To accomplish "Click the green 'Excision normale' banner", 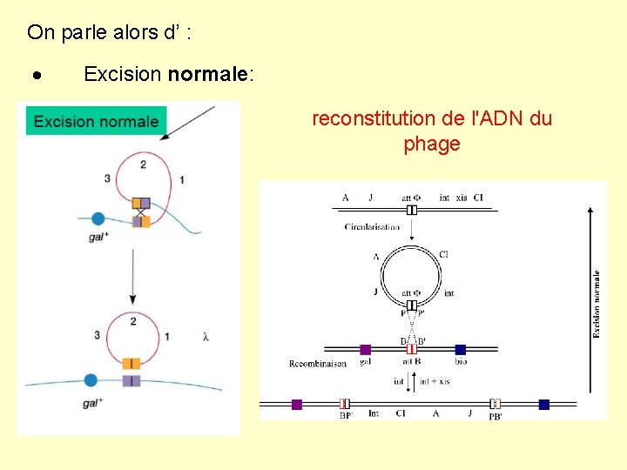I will point(96,121).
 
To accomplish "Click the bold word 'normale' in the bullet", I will point(208,74).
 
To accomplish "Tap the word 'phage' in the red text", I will point(432,144).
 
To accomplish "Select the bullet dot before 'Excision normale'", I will point(37,75).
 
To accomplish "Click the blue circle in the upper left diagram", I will point(98,219).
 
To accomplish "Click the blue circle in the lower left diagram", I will point(91,379).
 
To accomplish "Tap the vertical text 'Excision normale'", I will point(597,304).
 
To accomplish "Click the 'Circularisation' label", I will point(372,227).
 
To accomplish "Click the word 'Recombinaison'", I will point(318,364).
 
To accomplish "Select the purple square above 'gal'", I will point(366,349).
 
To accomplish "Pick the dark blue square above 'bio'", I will point(460,349).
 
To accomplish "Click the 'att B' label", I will point(412,361).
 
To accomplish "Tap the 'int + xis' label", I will point(434,380).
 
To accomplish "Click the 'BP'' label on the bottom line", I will point(346,416).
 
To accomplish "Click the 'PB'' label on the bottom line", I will point(495,416).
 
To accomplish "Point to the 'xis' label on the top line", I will point(462,198).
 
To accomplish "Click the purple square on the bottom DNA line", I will point(297,404).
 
